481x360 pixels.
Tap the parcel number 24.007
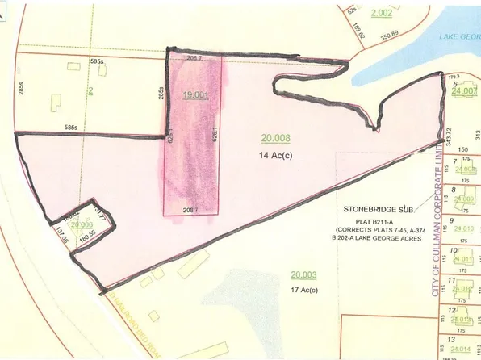pos(466,93)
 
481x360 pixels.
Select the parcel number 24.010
pos(464,229)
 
